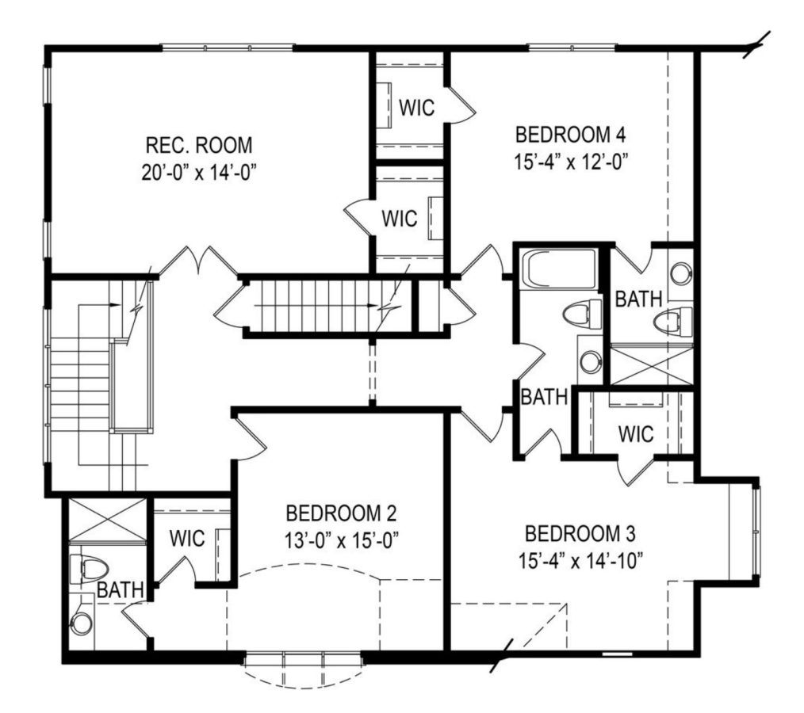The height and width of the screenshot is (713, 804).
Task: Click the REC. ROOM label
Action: pyautogui.click(x=199, y=146)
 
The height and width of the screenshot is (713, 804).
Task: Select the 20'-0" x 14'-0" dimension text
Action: pyautogui.click(x=199, y=170)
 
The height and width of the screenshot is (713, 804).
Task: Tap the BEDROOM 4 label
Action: pyautogui.click(x=565, y=132)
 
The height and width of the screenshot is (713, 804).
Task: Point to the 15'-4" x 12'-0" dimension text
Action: pyautogui.click(x=565, y=159)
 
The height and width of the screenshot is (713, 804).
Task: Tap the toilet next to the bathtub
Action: pyautogui.click(x=578, y=315)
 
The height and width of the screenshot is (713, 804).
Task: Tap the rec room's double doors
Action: pyautogui.click(x=198, y=261)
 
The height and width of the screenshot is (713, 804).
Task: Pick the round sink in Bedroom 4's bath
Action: pyautogui.click(x=680, y=274)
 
